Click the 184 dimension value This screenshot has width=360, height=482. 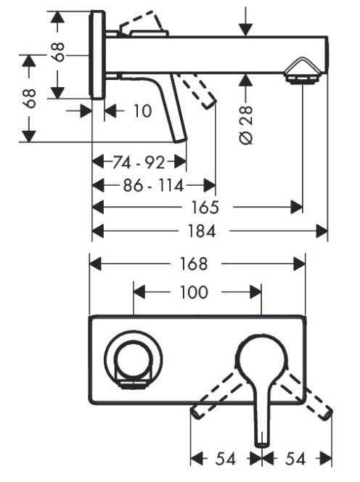(x=202, y=231)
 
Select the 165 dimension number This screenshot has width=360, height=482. (x=205, y=207)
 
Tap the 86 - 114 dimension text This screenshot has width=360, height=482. (x=153, y=186)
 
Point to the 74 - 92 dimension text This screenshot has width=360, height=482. (x=139, y=162)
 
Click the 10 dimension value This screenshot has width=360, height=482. (x=142, y=110)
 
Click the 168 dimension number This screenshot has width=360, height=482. (x=194, y=264)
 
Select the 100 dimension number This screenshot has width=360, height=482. (x=194, y=292)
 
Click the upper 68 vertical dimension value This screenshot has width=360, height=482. (x=58, y=52)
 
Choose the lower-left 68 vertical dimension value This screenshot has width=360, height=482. (x=30, y=99)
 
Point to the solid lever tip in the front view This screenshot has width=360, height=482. (x=262, y=444)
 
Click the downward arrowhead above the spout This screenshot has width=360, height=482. (x=245, y=30)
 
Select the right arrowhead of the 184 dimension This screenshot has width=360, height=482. (x=322, y=231)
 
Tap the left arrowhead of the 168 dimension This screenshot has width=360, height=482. (x=95, y=264)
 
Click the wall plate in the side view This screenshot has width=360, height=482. (x=97, y=55)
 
